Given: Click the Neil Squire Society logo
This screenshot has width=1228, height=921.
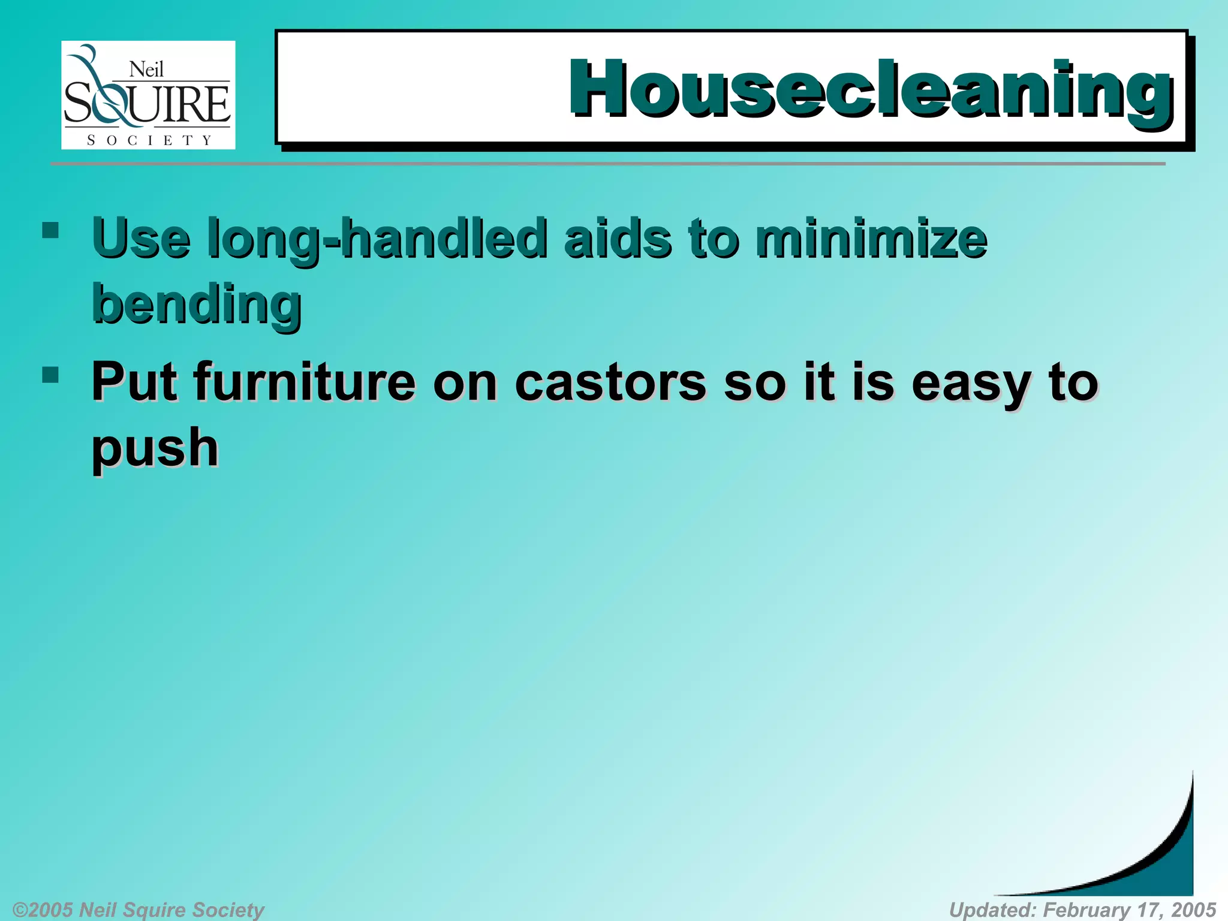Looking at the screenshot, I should click(148, 95).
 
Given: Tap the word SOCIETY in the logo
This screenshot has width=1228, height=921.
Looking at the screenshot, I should click(149, 140).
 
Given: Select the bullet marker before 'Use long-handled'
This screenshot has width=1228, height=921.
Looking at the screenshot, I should click(50, 230).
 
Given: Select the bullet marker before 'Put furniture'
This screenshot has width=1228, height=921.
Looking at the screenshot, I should click(50, 375).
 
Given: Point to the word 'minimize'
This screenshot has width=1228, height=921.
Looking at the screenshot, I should click(871, 239).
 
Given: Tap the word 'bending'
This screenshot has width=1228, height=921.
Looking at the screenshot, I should click(197, 305).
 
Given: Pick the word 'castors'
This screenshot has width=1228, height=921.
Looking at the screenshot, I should click(610, 383).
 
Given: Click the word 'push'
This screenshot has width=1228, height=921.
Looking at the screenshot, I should click(155, 449).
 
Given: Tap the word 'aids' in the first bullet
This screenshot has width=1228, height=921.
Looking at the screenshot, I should click(618, 239).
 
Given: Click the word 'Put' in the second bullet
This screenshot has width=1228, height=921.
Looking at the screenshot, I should click(134, 382).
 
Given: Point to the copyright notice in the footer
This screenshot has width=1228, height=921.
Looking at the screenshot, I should click(139, 910).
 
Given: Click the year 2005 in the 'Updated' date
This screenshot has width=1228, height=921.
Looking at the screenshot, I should click(1193, 910).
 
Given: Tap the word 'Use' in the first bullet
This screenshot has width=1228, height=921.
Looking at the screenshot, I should click(142, 239).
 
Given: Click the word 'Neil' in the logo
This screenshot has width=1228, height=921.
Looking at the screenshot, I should click(146, 70).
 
